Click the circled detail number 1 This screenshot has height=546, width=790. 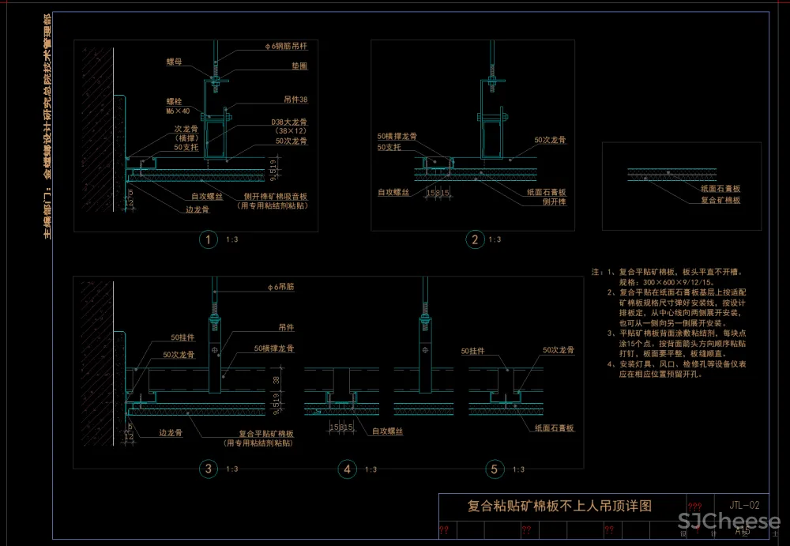click(208, 239)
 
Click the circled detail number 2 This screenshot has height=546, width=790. click(475, 239)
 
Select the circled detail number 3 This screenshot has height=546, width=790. click(208, 469)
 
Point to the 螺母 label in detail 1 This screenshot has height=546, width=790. click(175, 60)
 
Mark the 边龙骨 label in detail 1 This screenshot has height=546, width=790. click(197, 209)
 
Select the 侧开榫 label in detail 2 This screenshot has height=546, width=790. click(554, 201)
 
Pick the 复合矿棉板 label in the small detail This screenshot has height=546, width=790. click(720, 201)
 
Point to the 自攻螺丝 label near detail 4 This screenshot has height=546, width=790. click(388, 431)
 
